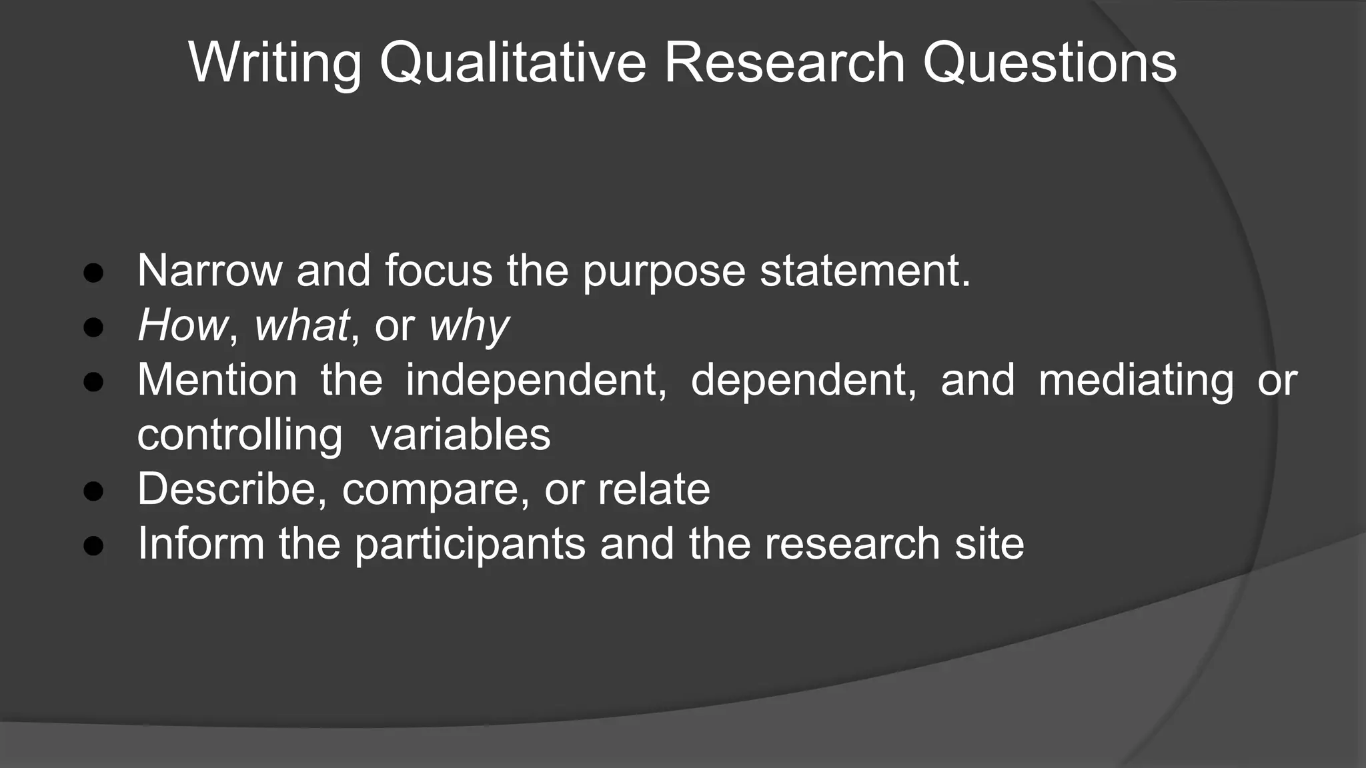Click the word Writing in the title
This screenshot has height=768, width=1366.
pyautogui.click(x=275, y=63)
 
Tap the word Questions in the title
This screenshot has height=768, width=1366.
pyautogui.click(x=1050, y=63)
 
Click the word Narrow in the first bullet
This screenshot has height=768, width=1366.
pyautogui.click(x=209, y=271)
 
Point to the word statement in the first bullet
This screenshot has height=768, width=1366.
pyautogui.click(x=865, y=271)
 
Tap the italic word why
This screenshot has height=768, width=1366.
pyautogui.click(x=469, y=327)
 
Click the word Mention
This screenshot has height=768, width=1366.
pyautogui.click(x=217, y=380)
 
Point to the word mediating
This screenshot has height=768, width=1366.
pyautogui.click(x=1136, y=381)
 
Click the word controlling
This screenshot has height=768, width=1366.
pyautogui.click(x=239, y=435)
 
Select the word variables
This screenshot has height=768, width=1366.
pyautogui.click(x=460, y=435)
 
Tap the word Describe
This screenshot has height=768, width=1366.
pyautogui.click(x=231, y=489)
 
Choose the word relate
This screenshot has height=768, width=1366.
pyautogui.click(x=654, y=489)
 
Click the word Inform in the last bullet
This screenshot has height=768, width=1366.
pyautogui.click(x=201, y=543)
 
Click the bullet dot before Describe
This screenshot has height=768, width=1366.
pyautogui.click(x=93, y=491)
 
